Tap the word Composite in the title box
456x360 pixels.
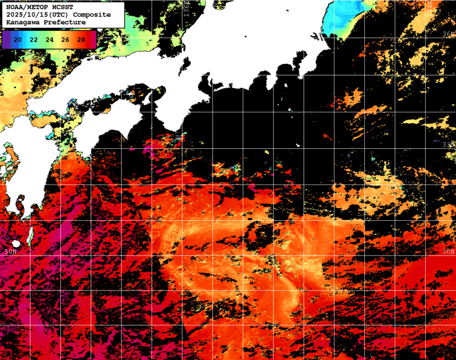pyautogui.click(x=91, y=15)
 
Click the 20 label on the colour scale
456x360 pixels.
pyautogui.click(x=18, y=39)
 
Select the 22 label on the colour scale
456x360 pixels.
pyautogui.click(x=34, y=39)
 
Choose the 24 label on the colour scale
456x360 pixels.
pyautogui.click(x=50, y=39)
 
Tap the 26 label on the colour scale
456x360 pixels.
pyautogui.click(x=66, y=39)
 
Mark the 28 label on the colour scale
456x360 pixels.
pyautogui.click(x=82, y=39)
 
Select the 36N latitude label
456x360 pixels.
pyautogui.click(x=449, y=34)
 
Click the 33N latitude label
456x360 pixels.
pyautogui.click(x=449, y=144)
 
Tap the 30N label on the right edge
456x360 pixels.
pyautogui.click(x=449, y=252)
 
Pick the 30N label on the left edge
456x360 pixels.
pyautogui.click(x=8, y=252)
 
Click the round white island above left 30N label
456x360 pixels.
pyautogui.click(x=30, y=234)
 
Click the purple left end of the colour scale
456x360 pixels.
pyautogui.click(x=6, y=39)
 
